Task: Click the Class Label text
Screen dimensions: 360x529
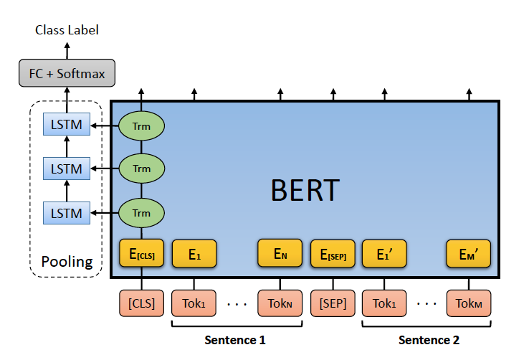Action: [x=67, y=30]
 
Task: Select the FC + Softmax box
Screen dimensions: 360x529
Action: [x=67, y=72]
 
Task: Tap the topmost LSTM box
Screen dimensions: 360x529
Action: [x=67, y=125]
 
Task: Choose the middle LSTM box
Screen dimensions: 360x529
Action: [x=67, y=169]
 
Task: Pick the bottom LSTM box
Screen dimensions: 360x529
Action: [x=67, y=212]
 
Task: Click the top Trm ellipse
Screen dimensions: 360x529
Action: [x=142, y=125]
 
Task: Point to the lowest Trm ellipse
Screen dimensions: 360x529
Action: [x=142, y=212]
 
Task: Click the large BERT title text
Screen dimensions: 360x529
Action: [x=305, y=190]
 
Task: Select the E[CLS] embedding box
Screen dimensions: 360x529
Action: [x=142, y=253]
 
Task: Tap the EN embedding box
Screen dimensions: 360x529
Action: [x=280, y=253]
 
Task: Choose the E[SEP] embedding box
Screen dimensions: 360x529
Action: [x=333, y=253]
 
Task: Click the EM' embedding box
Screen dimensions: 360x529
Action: [x=469, y=253]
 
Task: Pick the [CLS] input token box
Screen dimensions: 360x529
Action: [x=142, y=303]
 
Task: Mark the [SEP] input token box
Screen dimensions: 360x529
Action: [x=333, y=303]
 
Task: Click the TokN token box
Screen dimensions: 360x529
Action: [x=280, y=303]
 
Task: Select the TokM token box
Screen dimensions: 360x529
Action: [x=469, y=303]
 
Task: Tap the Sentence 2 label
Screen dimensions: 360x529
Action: [x=429, y=340]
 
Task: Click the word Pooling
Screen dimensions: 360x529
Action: [x=67, y=262]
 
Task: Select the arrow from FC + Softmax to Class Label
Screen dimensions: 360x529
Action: [x=67, y=49]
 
